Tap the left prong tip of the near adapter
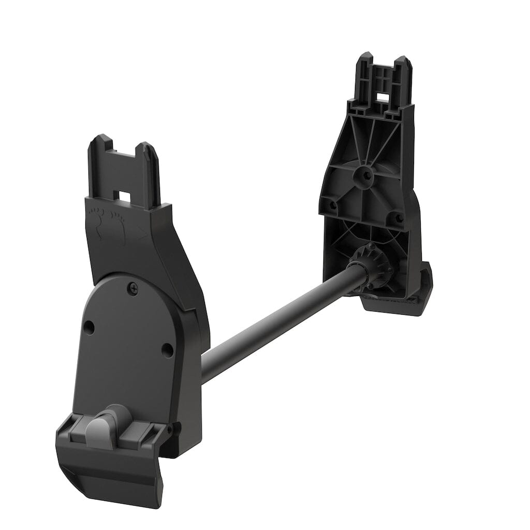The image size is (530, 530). (98, 140)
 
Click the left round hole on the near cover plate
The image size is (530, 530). (89, 327)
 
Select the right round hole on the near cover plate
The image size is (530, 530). (167, 349)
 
